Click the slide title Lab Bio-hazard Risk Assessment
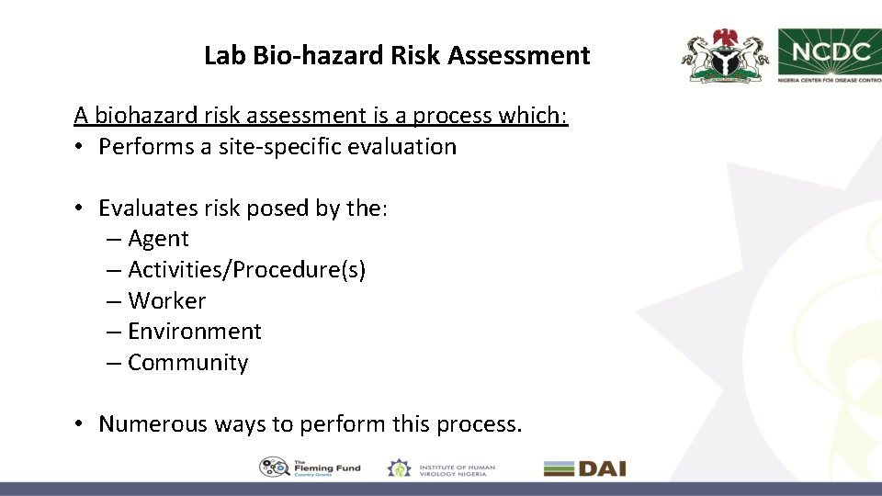tap(396, 56)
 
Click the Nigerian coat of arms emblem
tap(725, 57)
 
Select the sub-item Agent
tap(158, 239)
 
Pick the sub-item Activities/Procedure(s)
tap(246, 270)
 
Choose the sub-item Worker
tap(166, 301)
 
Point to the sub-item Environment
tap(194, 332)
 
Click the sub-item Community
tap(187, 363)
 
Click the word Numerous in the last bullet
tap(153, 424)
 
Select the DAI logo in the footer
tap(584, 468)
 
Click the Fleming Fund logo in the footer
tap(310, 468)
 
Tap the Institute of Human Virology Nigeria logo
tap(441, 468)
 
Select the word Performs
tap(146, 147)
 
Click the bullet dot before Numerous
tap(81, 424)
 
